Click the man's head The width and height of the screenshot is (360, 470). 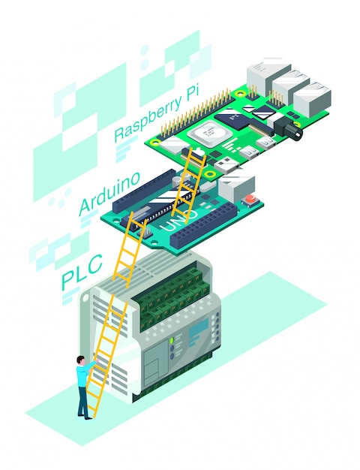(80, 361)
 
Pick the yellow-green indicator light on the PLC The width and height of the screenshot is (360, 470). (171, 341)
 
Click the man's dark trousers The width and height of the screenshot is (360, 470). (82, 401)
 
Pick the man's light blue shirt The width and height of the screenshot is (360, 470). (82, 376)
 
